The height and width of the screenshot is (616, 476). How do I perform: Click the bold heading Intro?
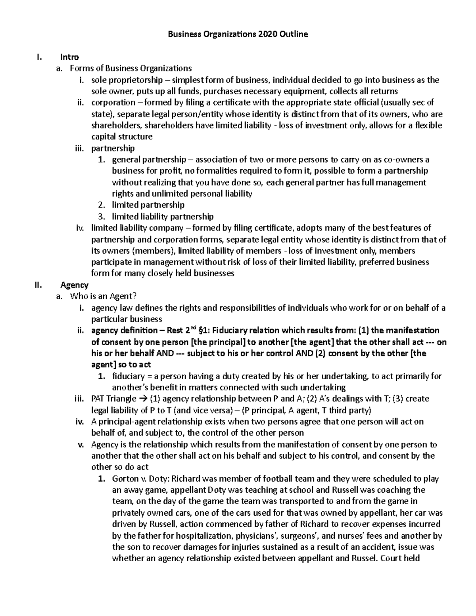(x=69, y=57)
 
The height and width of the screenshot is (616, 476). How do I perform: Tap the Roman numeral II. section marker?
(x=38, y=285)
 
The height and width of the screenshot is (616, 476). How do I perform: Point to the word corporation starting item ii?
(x=113, y=103)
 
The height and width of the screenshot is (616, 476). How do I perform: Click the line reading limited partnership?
(x=148, y=205)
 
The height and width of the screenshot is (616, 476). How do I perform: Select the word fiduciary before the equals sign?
(x=129, y=376)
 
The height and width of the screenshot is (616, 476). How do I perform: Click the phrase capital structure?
(x=122, y=137)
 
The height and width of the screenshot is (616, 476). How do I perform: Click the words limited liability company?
(x=137, y=228)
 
